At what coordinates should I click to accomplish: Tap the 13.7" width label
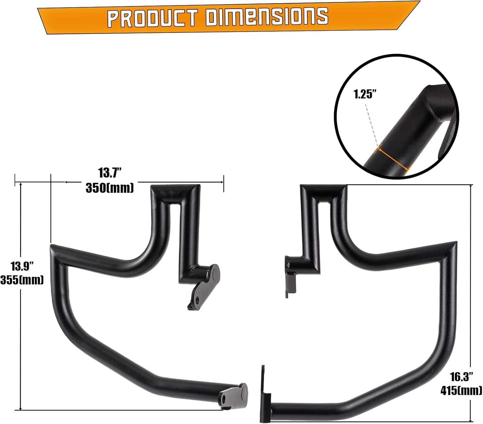coord(110,173)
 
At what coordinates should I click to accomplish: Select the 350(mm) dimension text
coord(110,188)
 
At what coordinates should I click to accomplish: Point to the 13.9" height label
coord(22,266)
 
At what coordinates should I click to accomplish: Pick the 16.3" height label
coord(461,376)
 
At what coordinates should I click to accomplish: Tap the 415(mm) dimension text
coord(461,390)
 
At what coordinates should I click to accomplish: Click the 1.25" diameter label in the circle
coord(365,94)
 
